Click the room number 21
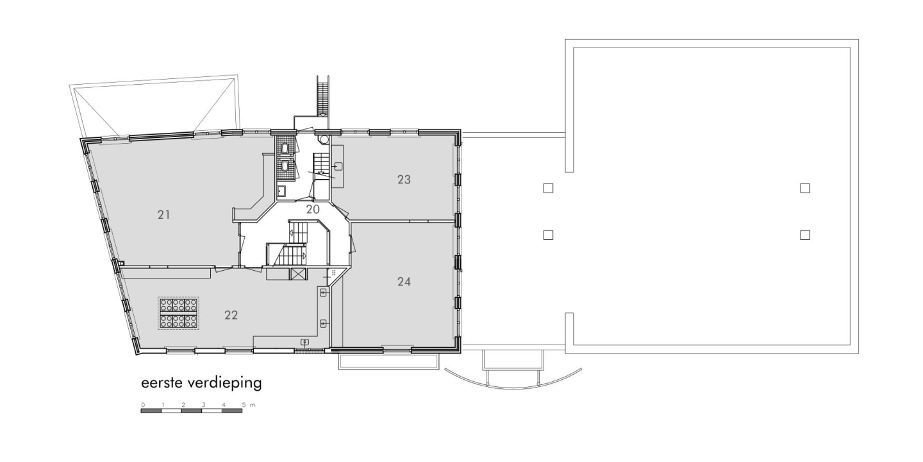163,214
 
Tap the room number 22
231,315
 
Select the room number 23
404,180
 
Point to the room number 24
404,282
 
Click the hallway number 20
313,210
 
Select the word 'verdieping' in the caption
224,383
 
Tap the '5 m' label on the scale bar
249,405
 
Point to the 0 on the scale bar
143,405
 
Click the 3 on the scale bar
204,405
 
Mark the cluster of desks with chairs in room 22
178,314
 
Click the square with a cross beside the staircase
298,275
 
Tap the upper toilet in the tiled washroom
285,148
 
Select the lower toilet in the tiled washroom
285,166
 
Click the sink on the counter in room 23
338,166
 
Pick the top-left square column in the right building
548,188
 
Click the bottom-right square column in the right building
805,235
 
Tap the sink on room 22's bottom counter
304,342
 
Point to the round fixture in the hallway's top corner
324,139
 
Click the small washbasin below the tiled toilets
281,191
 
